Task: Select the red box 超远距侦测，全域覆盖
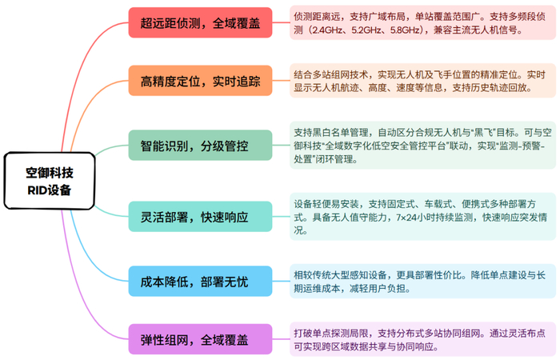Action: click(x=195, y=22)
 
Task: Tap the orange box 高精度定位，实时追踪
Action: click(x=195, y=80)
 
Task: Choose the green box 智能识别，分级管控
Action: click(x=195, y=146)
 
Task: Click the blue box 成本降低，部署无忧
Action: click(x=195, y=281)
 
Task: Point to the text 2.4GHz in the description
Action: click(x=329, y=31)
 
